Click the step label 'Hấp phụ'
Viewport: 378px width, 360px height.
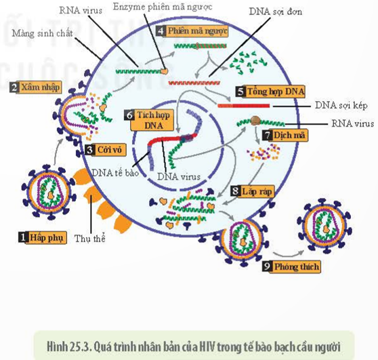click(43, 237)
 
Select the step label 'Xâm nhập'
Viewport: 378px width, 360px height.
click(36, 87)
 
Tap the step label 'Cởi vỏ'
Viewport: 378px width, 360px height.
click(106, 150)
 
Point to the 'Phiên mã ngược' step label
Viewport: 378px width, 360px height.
click(192, 31)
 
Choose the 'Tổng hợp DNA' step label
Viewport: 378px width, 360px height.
click(270, 92)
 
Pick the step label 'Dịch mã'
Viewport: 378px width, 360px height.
click(285, 135)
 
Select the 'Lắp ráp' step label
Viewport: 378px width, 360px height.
click(253, 192)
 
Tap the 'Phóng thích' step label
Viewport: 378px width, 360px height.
click(292, 266)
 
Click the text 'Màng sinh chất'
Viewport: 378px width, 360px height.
click(43, 33)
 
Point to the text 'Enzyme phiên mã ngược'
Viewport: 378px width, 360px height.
click(163, 7)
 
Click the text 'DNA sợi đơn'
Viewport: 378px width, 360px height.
click(275, 12)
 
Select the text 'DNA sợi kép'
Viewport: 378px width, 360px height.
click(341, 106)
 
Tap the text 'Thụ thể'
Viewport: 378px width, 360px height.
click(90, 239)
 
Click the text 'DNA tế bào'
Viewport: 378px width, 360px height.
click(115, 173)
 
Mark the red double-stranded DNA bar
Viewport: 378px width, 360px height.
click(244, 106)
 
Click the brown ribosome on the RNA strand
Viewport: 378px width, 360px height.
click(255, 121)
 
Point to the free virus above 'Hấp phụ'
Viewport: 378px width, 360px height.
click(49, 192)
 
